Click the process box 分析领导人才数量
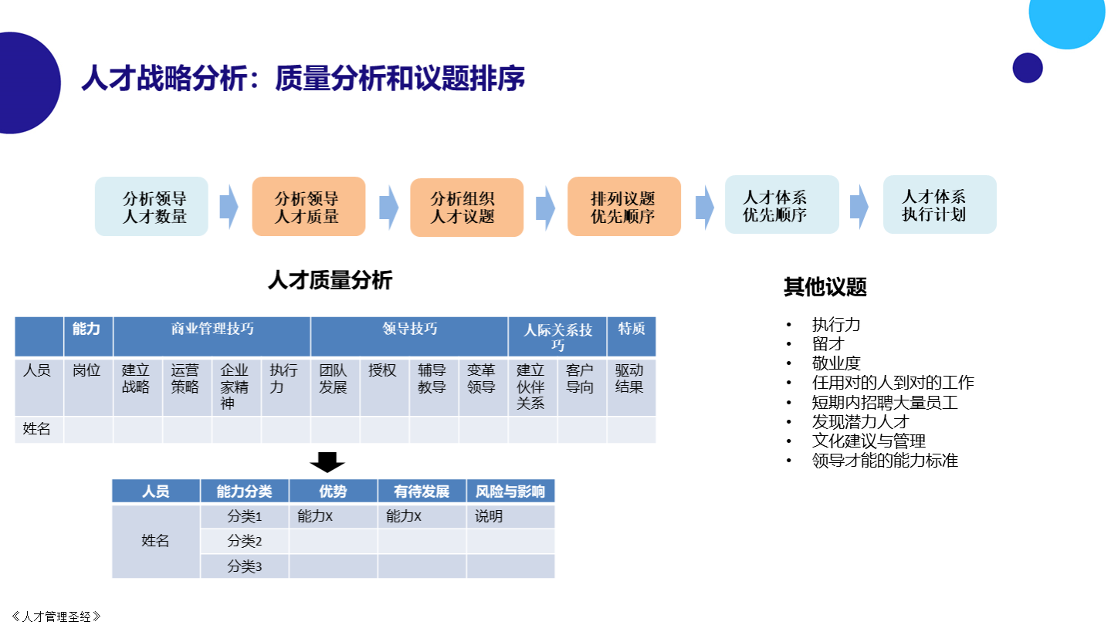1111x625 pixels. pyautogui.click(x=151, y=206)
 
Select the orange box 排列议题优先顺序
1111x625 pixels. pyautogui.click(x=624, y=206)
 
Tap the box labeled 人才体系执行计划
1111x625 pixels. pyautogui.click(x=940, y=204)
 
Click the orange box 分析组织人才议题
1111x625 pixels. pyautogui.click(x=467, y=208)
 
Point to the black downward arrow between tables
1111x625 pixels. pyautogui.click(x=327, y=462)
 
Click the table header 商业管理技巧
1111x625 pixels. pyautogui.click(x=212, y=336)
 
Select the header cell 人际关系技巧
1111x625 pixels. pyautogui.click(x=557, y=336)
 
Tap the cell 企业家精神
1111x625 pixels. pyautogui.click(x=236, y=387)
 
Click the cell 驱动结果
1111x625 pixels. pyautogui.click(x=632, y=387)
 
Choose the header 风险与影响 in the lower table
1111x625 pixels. pyautogui.click(x=510, y=492)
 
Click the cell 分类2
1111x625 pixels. pyautogui.click(x=245, y=541)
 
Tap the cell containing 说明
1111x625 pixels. pyautogui.click(x=510, y=516)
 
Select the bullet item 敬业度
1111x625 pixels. pyautogui.click(x=835, y=363)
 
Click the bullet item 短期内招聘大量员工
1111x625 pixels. pyautogui.click(x=884, y=403)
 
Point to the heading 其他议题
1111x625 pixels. pyautogui.click(x=825, y=287)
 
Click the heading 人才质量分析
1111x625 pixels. pyautogui.click(x=330, y=280)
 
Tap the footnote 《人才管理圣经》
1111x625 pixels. pyautogui.click(x=56, y=617)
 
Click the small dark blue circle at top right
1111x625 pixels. pyautogui.click(x=1028, y=68)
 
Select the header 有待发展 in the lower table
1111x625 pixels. pyautogui.click(x=422, y=492)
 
